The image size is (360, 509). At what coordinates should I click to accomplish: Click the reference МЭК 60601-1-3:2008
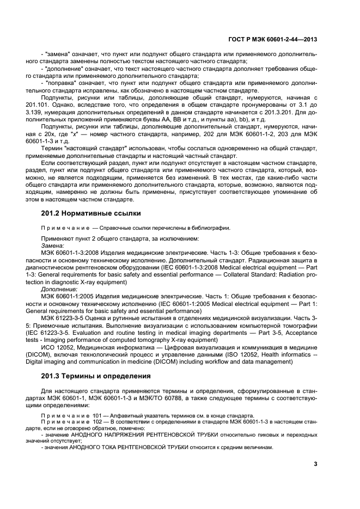70,253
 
